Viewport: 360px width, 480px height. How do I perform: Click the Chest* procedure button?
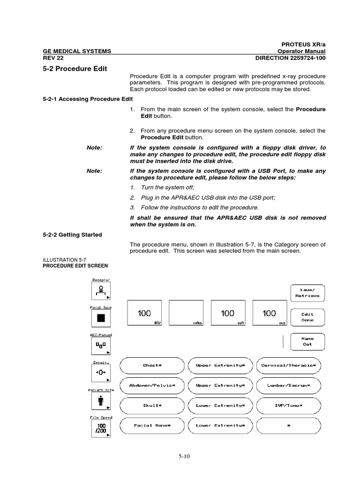pos(152,365)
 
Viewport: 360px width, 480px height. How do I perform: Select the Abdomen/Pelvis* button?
pos(152,385)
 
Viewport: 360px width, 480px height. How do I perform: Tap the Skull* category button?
pos(152,405)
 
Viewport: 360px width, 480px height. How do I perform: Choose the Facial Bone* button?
pos(152,425)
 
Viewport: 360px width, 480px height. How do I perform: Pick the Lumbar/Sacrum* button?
pos(289,385)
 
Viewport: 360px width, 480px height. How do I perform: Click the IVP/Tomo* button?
pos(289,405)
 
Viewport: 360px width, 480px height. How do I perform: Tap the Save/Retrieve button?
pos(307,293)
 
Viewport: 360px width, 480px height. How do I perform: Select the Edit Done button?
pos(307,317)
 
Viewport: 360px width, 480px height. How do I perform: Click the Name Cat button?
pos(307,341)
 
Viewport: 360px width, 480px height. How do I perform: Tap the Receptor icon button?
pos(101,291)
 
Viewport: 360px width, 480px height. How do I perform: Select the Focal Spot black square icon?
pos(101,318)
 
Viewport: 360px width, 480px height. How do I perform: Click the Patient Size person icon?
pos(101,402)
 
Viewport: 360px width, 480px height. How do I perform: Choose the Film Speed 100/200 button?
pos(101,429)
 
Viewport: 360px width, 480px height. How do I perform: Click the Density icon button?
pos(101,374)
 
